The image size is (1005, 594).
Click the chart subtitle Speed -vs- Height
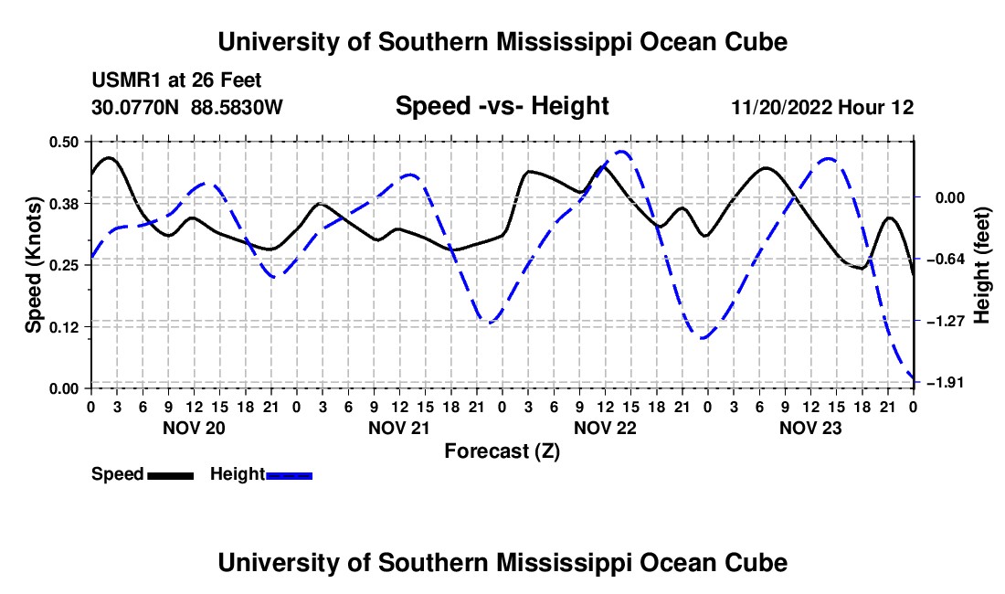coord(502,106)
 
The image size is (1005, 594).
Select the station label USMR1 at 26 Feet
coord(176,80)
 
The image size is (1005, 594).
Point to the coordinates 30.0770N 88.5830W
coord(186,107)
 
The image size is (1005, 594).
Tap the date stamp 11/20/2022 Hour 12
coord(822,107)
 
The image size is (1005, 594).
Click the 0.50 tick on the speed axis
coord(63,142)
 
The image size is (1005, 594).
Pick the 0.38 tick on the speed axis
coord(63,204)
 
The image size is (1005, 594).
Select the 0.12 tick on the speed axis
coord(63,327)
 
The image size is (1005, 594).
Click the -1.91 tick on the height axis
coord(946,383)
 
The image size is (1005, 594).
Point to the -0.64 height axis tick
coord(946,259)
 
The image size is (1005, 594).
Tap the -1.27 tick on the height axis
coord(946,321)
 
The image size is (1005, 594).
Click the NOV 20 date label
coord(195,428)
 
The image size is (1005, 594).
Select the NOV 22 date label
coord(605,428)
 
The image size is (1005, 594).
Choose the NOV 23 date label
coord(810,428)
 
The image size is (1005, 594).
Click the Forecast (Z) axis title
coord(502,451)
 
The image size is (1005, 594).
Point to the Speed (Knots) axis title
coord(33,265)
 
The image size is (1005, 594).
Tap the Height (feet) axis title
coord(982,265)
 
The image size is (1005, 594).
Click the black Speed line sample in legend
coord(171,475)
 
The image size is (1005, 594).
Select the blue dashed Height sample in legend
coord(289,475)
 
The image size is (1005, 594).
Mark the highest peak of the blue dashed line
coord(620,152)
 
